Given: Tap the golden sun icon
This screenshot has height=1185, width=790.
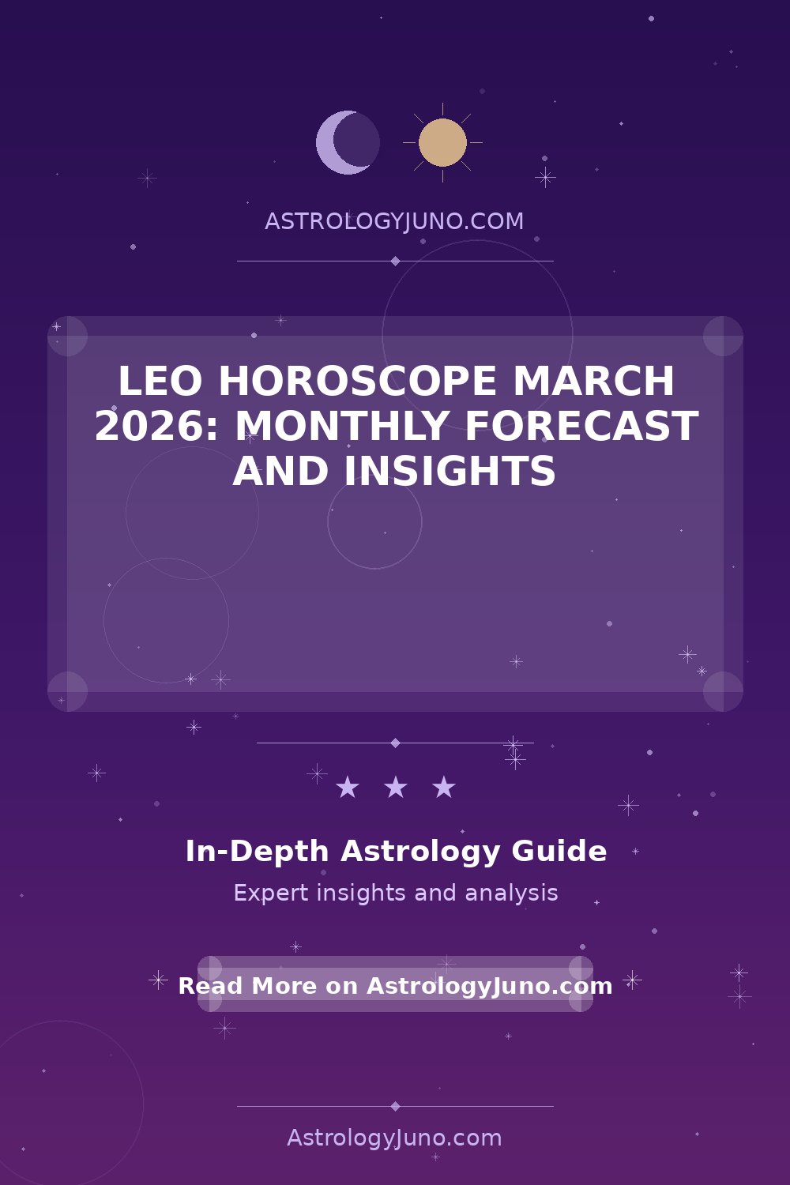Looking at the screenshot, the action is [442, 142].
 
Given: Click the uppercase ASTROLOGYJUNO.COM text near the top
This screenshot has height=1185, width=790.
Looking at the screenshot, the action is [394, 221].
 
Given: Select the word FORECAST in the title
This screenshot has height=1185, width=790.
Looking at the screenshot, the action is [581, 426].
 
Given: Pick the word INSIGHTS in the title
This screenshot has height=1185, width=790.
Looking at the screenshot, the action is [450, 471].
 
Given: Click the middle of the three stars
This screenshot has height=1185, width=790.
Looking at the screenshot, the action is [395, 787].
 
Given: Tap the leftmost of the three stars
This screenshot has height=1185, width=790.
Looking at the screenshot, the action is [347, 787].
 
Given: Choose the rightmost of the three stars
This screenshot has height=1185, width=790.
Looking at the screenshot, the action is [443, 787].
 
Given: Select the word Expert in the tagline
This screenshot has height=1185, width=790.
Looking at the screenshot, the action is [271, 893].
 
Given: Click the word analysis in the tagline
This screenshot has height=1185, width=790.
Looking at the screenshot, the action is [511, 893].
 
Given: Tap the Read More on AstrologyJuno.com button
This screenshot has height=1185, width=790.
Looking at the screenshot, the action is [395, 987].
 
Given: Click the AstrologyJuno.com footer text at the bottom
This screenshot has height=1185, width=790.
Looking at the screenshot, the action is [394, 1138].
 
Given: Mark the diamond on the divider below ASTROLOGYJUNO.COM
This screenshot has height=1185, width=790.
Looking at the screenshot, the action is [395, 261].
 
